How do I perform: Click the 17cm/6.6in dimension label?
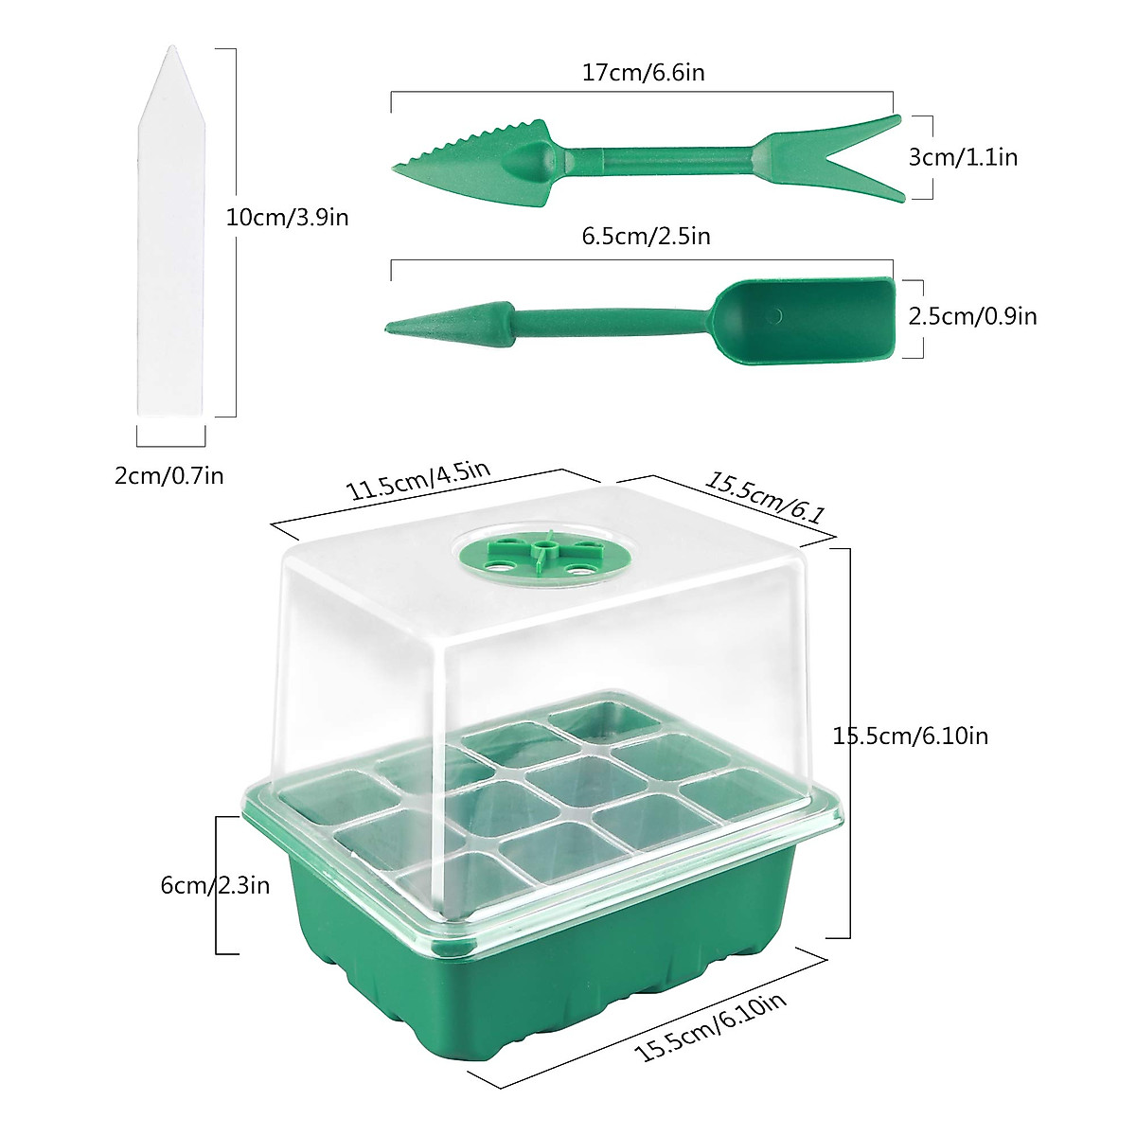(643, 72)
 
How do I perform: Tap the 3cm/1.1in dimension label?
(963, 157)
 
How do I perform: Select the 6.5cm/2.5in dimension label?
(646, 236)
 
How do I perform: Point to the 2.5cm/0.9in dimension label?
(972, 316)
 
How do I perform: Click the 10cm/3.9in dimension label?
(288, 218)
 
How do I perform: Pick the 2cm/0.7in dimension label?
(169, 475)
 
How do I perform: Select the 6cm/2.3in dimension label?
(215, 885)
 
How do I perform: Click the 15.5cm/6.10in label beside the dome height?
(911, 736)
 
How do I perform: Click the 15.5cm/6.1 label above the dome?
(765, 499)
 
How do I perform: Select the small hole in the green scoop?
(775, 314)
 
